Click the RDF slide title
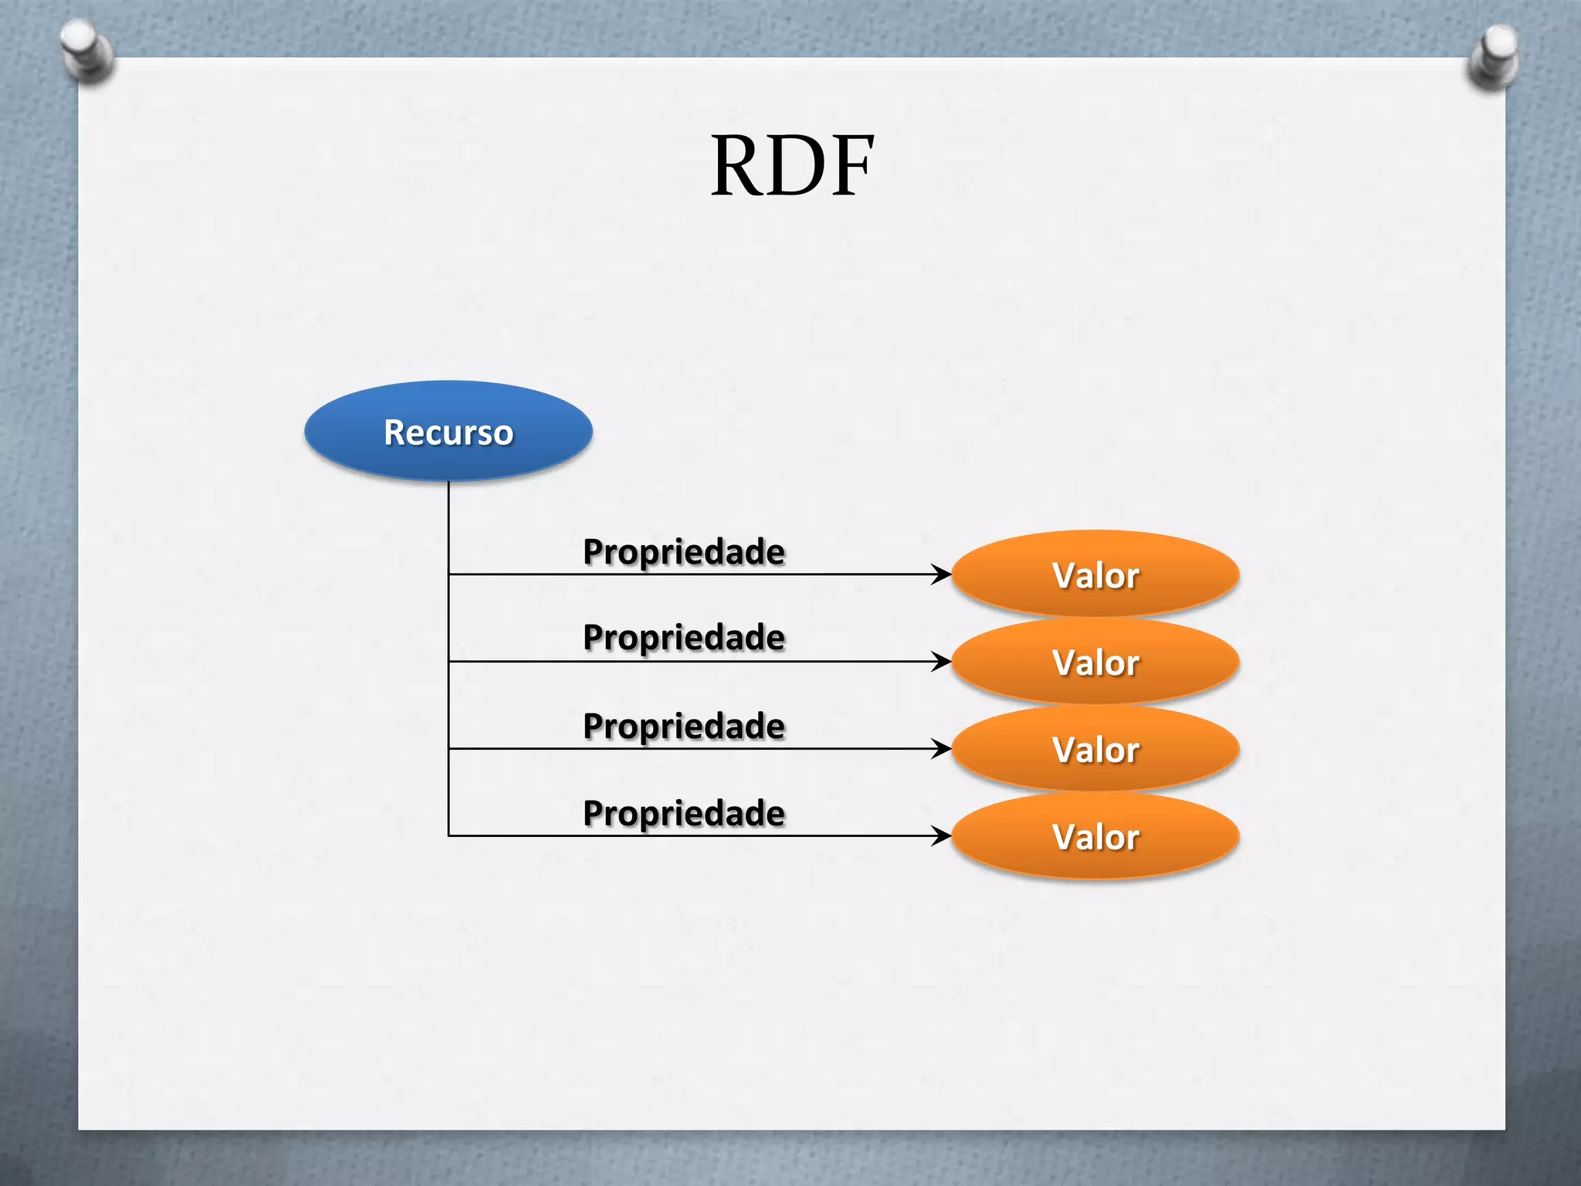792,166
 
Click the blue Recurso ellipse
449,431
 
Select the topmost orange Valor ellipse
1095,574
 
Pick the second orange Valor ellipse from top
1095,662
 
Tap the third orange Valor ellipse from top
1095,749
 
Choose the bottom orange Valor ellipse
1095,836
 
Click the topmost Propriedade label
684,551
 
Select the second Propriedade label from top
684,638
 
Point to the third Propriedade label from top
684,726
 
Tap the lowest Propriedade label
684,813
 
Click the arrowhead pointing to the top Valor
942,574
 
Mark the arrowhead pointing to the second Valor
942,662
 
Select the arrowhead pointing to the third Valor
942,749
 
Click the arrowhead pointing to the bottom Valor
942,836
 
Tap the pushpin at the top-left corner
86,50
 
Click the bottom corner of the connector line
449,835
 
